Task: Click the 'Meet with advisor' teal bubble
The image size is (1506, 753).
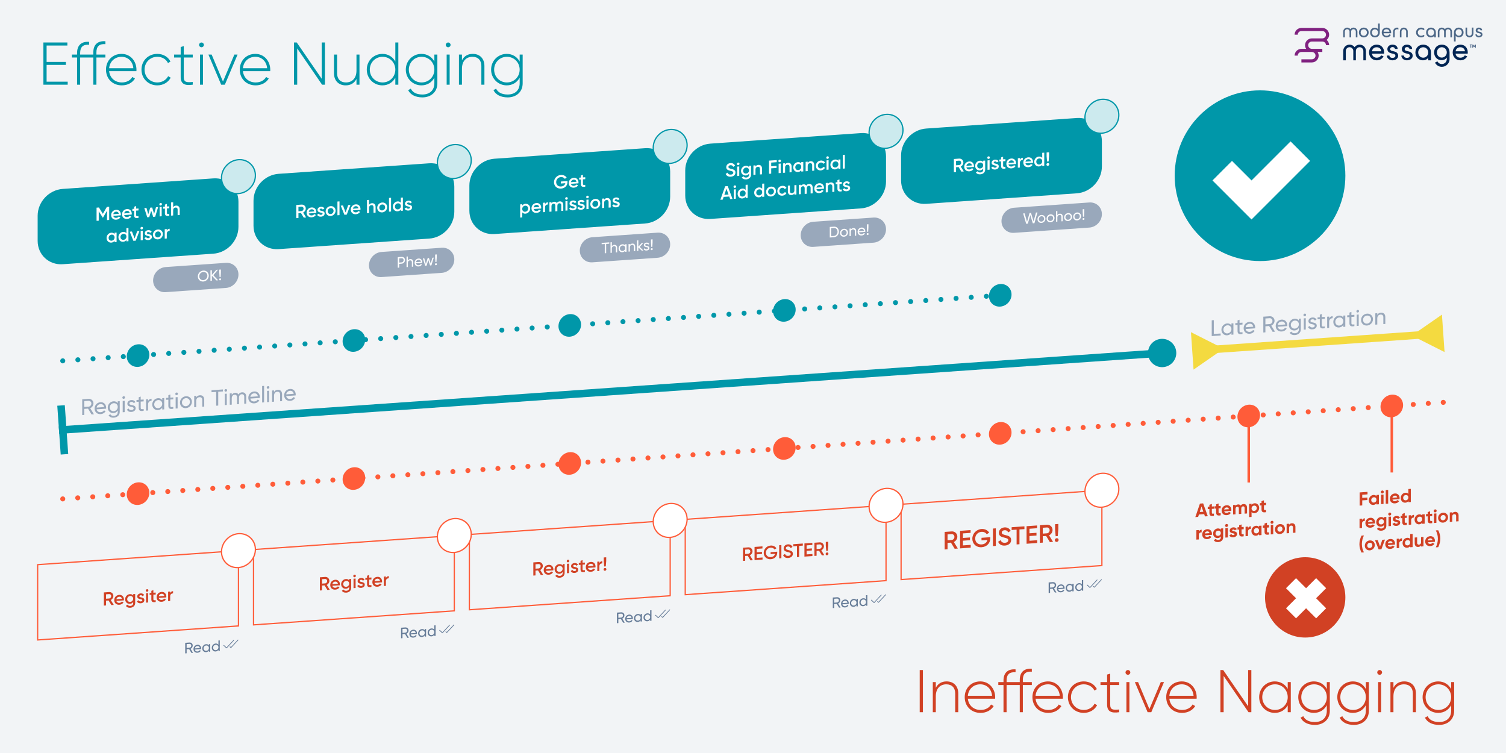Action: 138,222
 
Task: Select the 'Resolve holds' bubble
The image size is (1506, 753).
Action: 354,207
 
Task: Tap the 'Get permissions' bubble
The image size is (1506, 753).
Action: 569,192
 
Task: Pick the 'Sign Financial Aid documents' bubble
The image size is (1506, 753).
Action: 785,177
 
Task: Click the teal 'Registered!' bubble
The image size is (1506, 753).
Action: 1001,162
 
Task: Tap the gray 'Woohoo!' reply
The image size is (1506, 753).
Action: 1052,217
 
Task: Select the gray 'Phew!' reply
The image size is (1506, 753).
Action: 412,262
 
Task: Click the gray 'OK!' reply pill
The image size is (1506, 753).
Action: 196,277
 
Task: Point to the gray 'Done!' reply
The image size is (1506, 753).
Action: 843,232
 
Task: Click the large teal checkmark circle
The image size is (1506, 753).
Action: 1260,176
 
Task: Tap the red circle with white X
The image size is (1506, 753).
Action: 1305,598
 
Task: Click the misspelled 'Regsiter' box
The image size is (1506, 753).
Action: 138,597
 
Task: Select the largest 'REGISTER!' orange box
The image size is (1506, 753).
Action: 1001,536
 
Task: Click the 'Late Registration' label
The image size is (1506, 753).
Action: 1298,323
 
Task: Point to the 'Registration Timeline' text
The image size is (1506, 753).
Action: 189,400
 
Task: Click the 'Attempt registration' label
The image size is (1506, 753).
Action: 1245,519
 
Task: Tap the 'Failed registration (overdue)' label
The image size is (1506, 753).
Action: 1407,519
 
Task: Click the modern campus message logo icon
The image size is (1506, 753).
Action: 1312,45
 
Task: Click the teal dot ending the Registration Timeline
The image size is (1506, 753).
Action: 1162,353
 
